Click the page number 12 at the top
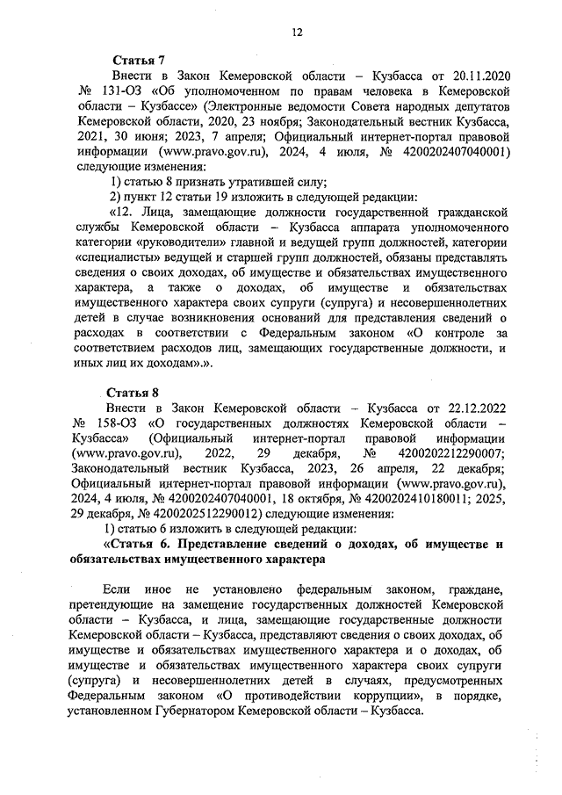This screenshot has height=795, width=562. pos(298,33)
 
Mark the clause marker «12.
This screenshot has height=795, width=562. pos(126,211)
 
